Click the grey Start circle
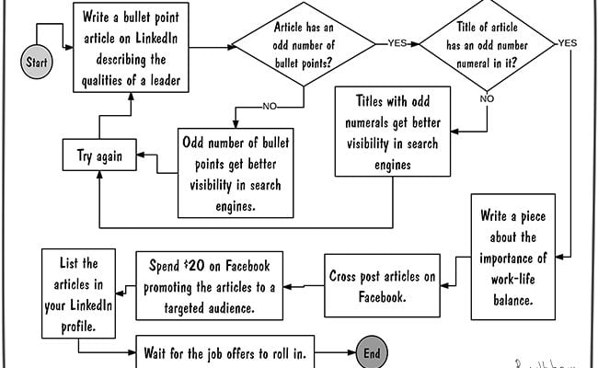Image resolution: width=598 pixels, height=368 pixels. (x=37, y=62)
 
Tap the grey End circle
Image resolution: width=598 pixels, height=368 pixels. (x=372, y=352)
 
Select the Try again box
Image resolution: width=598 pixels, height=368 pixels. (x=99, y=155)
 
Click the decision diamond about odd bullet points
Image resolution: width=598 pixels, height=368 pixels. (x=304, y=44)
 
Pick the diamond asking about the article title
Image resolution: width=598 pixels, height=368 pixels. (x=487, y=44)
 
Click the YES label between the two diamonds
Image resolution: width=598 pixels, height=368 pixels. (x=397, y=43)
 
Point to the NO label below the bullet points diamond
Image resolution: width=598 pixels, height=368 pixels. (x=270, y=107)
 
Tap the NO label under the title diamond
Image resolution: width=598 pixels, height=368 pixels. (x=487, y=98)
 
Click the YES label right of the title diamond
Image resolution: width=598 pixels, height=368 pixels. (x=568, y=43)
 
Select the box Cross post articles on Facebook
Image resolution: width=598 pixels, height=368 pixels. (x=382, y=285)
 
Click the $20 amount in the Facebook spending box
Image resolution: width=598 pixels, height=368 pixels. (x=194, y=265)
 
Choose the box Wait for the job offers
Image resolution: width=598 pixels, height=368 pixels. (x=225, y=352)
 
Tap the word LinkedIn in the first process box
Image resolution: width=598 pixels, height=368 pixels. (x=156, y=38)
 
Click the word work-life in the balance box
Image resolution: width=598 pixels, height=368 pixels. (x=513, y=279)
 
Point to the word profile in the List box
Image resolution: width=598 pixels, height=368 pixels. (x=78, y=327)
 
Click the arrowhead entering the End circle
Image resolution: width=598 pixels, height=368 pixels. (x=351, y=352)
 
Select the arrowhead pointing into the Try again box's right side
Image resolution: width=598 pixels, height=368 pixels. (x=141, y=155)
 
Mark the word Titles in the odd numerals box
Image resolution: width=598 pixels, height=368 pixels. (x=369, y=101)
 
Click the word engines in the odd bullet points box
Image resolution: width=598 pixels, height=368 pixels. (x=236, y=207)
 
